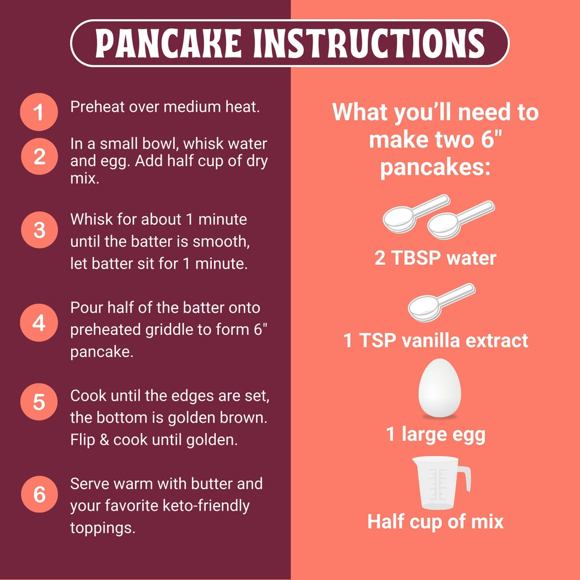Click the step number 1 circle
(39, 112)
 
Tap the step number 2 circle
(39, 157)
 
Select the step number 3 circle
(39, 230)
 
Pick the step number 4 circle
(39, 323)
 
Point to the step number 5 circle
(39, 401)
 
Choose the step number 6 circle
(39, 494)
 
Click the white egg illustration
(439, 387)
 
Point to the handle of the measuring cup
(464, 478)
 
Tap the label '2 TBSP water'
(435, 258)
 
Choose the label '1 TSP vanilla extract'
(435, 341)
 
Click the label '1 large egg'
(435, 435)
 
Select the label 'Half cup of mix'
(435, 521)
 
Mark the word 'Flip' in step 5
(82, 439)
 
